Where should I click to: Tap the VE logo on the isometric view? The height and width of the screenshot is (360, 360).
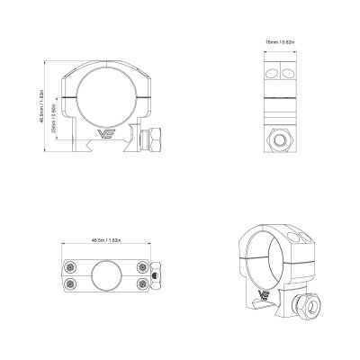click(265, 293)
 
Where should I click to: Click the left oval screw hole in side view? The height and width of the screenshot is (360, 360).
click(269, 72)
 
